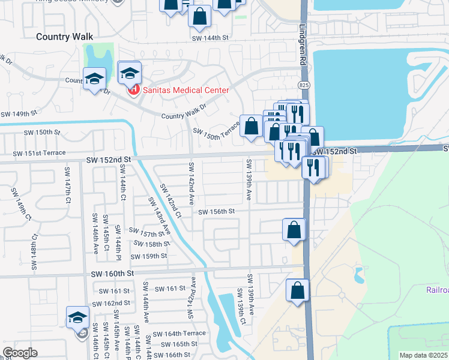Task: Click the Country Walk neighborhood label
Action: click(x=64, y=37)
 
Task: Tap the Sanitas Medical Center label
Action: click(x=185, y=91)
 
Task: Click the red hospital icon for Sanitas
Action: click(x=134, y=91)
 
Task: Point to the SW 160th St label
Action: click(x=112, y=274)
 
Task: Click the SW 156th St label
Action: click(x=216, y=212)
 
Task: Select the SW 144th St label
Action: click(x=210, y=37)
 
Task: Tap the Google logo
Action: click(x=20, y=353)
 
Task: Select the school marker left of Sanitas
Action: click(x=95, y=80)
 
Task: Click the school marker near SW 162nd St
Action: click(x=77, y=318)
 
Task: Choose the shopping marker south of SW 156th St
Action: click(x=294, y=230)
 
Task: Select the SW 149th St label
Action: click(x=19, y=113)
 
